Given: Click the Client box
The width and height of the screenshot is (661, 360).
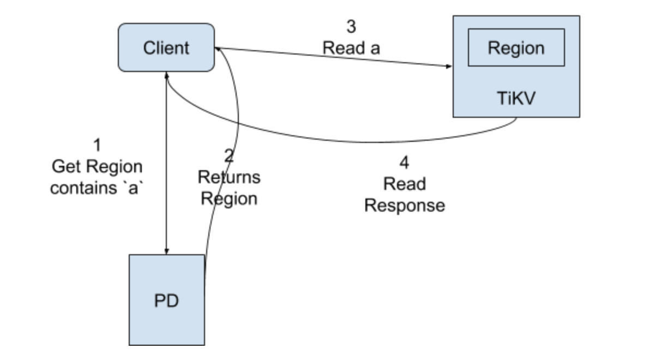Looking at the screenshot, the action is tap(166, 47).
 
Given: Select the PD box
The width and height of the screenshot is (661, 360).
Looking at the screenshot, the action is tap(167, 300).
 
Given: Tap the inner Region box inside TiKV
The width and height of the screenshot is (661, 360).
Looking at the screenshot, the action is tap(516, 47).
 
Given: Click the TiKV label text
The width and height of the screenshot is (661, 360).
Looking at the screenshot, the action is tap(516, 98).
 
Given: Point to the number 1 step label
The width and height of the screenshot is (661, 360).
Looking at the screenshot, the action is tap(97, 145).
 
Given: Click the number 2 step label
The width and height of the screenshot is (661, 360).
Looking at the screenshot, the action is tap(229, 155).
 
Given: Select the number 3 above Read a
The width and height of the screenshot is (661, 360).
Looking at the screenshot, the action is tap(351, 27).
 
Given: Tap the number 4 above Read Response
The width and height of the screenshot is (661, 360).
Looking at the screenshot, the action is tap(404, 163).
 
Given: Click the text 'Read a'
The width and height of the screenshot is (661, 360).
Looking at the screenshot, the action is tap(351, 48).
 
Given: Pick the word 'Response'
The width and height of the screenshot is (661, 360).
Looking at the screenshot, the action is tap(405, 206).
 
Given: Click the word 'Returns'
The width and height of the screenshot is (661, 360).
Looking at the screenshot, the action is tap(229, 177).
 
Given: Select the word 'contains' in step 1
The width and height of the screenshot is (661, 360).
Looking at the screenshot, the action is tap(83, 188).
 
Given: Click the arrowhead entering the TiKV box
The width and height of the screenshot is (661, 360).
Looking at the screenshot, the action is tap(448, 67).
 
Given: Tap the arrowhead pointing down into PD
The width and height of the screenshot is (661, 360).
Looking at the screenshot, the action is tap(167, 251).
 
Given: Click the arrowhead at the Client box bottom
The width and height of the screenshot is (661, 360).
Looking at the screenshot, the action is tap(167, 75).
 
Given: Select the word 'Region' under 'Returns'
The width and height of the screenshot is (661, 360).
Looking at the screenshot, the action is tap(229, 199).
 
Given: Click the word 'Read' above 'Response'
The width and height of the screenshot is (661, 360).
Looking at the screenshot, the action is tap(405, 184).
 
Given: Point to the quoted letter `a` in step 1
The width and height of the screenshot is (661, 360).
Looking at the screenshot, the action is tap(133, 188).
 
